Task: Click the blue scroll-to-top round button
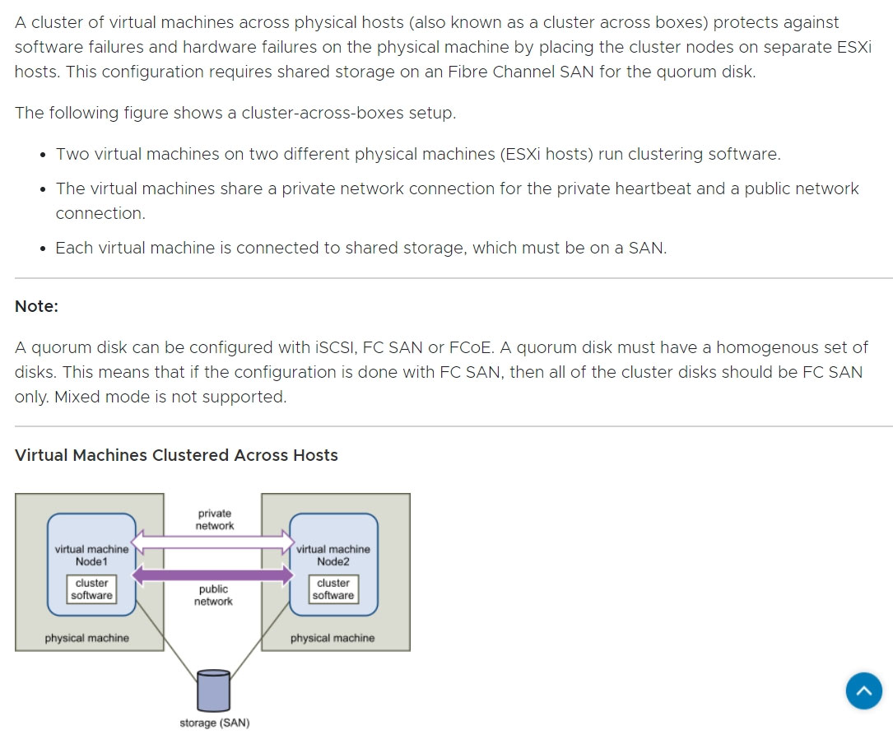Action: click(863, 691)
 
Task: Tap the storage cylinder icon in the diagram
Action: click(214, 690)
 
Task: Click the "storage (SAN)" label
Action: click(214, 723)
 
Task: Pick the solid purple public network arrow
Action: click(213, 574)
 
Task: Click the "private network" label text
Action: click(215, 519)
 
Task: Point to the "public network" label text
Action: click(213, 595)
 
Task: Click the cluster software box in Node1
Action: click(91, 589)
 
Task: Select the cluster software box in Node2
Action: click(333, 589)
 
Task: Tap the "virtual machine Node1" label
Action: click(91, 555)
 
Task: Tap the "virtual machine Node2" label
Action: click(333, 555)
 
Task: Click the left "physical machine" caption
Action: click(86, 638)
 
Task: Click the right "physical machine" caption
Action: click(332, 638)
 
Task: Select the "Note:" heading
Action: click(36, 306)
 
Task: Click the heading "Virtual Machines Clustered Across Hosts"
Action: click(176, 455)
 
